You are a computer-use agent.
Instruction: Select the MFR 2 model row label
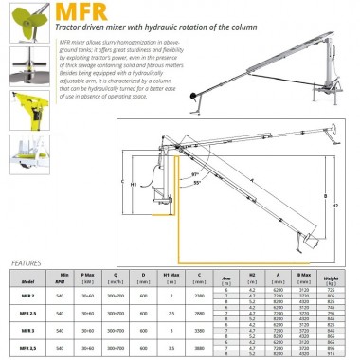click(x=29, y=295)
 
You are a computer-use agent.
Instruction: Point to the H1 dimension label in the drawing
click(x=134, y=183)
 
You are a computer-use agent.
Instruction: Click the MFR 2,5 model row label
click(x=29, y=313)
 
